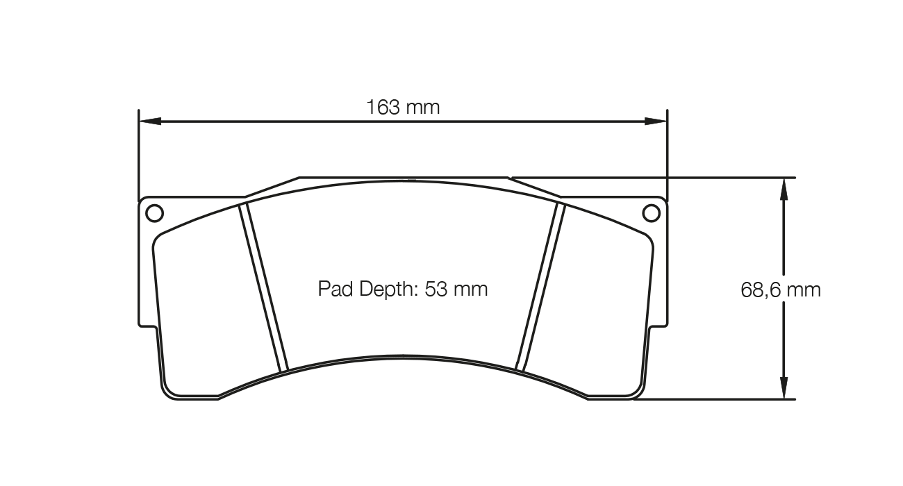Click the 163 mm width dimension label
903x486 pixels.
[x=403, y=108]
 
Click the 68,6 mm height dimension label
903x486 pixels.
[x=780, y=290]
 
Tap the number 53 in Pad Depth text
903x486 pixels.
[x=436, y=289]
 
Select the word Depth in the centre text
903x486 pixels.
[x=386, y=289]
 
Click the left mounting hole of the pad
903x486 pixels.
[x=154, y=212]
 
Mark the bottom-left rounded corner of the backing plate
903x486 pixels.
[x=167, y=393]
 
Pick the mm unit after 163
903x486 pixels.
[x=423, y=108]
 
